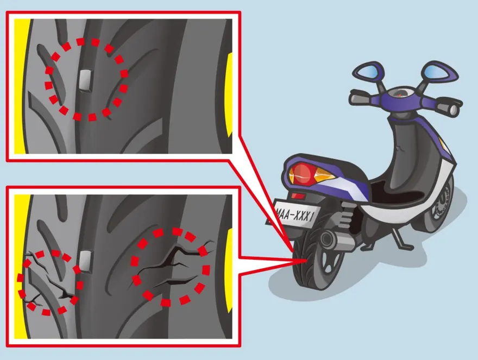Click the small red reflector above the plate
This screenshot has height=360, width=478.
pyautogui.click(x=298, y=195)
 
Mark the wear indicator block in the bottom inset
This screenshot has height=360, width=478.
pyautogui.click(x=86, y=261)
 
